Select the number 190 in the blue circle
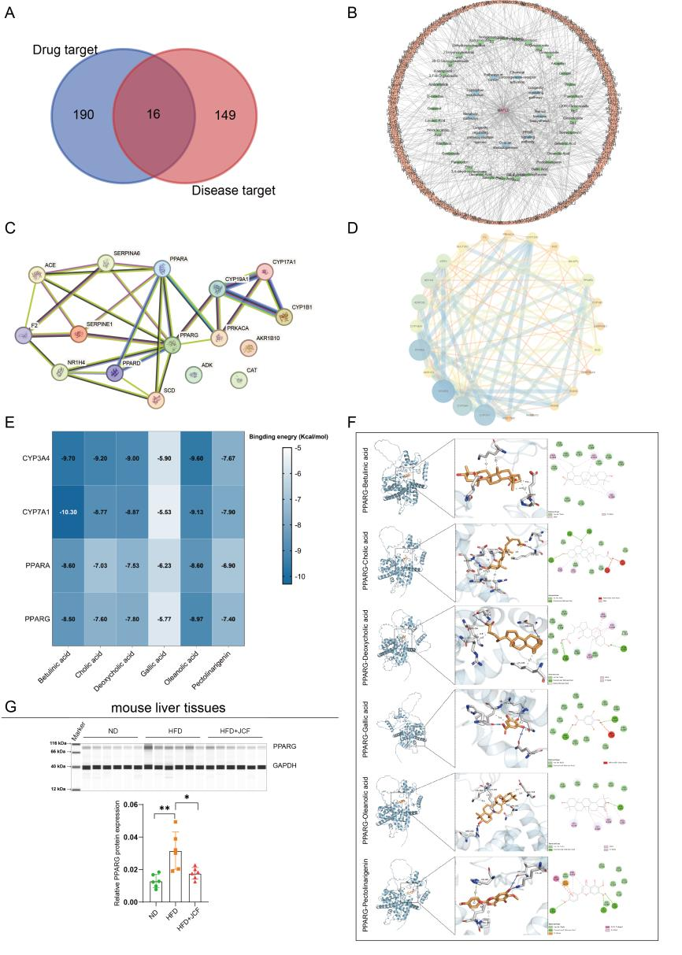[x=83, y=116]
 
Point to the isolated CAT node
[x=239, y=379]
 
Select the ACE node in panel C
[x=38, y=274]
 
